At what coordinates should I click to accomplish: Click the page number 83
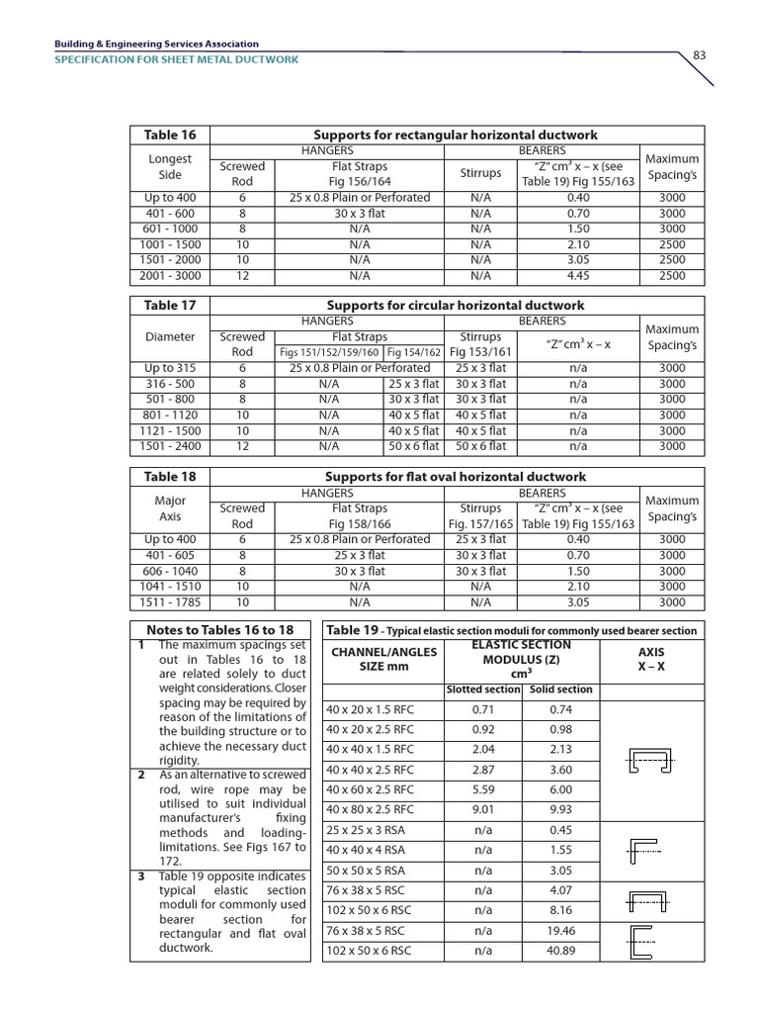pos(699,54)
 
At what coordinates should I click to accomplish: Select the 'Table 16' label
pos(170,135)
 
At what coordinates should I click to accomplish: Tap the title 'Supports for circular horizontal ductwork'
pos(456,306)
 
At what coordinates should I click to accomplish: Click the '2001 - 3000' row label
pos(170,276)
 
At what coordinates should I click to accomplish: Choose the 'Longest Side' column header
pos(170,166)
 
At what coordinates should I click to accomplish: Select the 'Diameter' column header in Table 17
pos(170,336)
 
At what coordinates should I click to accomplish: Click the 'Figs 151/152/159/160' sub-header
pos(329,352)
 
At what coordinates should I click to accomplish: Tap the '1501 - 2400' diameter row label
pos(170,446)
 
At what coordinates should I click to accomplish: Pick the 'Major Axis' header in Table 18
pos(170,507)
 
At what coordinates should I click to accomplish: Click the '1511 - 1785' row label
pos(170,601)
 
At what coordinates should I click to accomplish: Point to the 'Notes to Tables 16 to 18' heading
pos(220,630)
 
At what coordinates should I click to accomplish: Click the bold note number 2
pos(141,775)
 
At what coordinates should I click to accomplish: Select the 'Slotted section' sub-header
pos(483,690)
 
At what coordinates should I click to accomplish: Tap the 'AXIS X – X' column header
pos(651,660)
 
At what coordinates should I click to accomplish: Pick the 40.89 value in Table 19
pos(561,951)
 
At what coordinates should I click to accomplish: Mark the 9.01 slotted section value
pos(483,809)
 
